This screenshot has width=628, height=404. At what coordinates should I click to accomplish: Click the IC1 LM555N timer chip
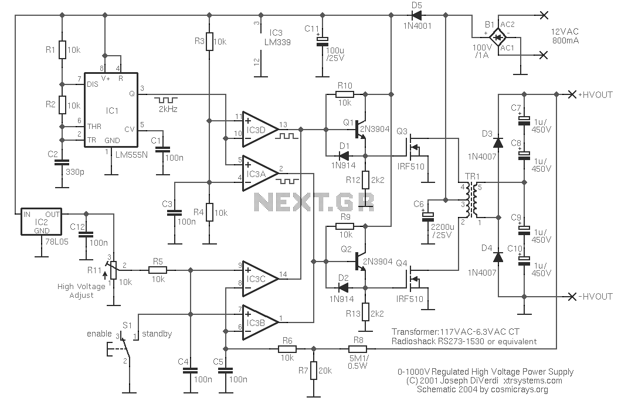(111, 110)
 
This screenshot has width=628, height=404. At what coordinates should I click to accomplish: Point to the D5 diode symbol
(417, 15)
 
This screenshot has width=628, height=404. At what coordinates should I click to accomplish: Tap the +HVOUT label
(595, 95)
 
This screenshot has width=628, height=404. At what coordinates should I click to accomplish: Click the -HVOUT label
(595, 297)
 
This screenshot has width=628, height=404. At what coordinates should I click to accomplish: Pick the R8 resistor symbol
(358, 349)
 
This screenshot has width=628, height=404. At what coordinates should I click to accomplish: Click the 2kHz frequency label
(168, 109)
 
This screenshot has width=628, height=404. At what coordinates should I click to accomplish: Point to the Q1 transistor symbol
(361, 130)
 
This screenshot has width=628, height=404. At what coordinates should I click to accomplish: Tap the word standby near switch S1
(157, 334)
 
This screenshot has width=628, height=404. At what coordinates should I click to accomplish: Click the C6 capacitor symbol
(427, 216)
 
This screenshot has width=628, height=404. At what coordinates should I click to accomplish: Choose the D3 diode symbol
(498, 142)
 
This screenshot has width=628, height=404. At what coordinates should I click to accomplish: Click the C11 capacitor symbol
(323, 41)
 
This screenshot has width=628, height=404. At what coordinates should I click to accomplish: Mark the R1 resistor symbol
(62, 50)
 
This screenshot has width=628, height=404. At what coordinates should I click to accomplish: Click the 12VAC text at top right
(565, 32)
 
